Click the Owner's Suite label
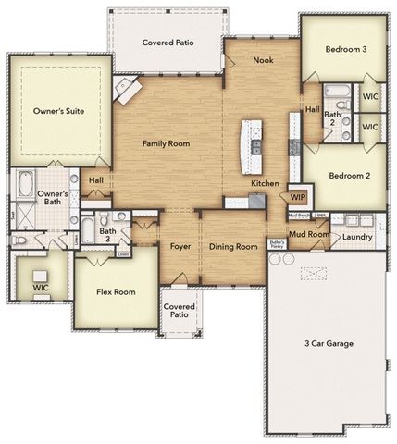[x=59, y=111]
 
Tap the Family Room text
[x=166, y=143]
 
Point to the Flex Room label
[x=116, y=292]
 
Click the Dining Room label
[x=232, y=247]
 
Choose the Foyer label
[x=180, y=247]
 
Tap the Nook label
[x=263, y=60]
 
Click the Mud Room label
[x=307, y=235]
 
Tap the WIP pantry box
[x=298, y=197]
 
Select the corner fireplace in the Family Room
[x=127, y=90]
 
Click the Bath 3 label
[x=106, y=236]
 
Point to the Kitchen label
[x=265, y=184]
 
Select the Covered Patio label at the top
[x=167, y=43]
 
